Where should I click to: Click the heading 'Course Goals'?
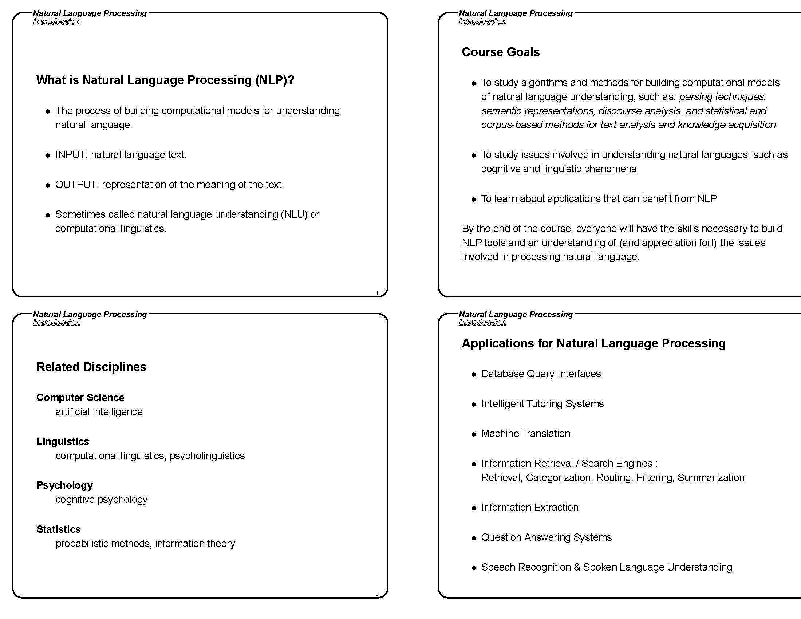pyautogui.click(x=500, y=52)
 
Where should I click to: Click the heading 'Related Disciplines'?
pyautogui.click(x=91, y=367)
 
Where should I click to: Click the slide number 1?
pyautogui.click(x=377, y=293)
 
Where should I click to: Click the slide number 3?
pyautogui.click(x=377, y=594)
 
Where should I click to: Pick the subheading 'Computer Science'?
pyautogui.click(x=80, y=398)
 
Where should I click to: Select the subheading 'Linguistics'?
pyautogui.click(x=62, y=442)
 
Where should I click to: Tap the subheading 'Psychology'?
pyautogui.click(x=64, y=485)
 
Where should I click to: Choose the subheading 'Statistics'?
pyautogui.click(x=58, y=529)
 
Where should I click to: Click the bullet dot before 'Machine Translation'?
pyautogui.click(x=473, y=434)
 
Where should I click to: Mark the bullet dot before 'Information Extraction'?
pyautogui.click(x=473, y=508)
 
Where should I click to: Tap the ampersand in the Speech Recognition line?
pyautogui.click(x=577, y=567)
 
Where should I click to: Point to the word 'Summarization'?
pyautogui.click(x=711, y=478)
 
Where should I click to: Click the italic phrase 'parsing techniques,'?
pyautogui.click(x=722, y=97)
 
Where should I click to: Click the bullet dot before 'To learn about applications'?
pyautogui.click(x=473, y=200)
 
